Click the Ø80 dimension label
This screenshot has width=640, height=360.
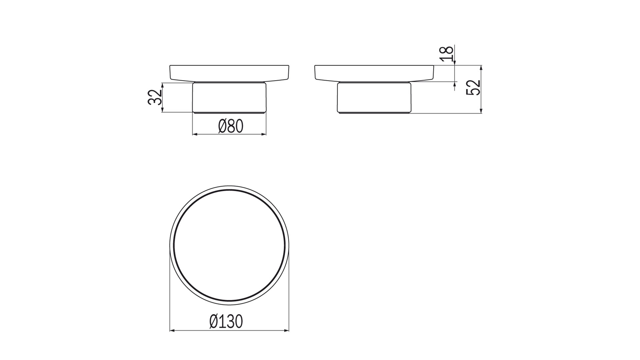(231, 126)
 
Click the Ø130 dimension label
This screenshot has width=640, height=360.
(226, 322)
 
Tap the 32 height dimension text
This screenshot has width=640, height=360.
(155, 97)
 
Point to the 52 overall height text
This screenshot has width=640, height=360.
(473, 87)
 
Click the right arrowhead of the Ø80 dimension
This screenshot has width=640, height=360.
(264, 134)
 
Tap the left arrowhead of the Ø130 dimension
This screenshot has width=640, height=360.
(172, 331)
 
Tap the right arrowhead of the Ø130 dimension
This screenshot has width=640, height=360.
(286, 331)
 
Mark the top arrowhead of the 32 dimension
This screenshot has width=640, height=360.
(162, 85)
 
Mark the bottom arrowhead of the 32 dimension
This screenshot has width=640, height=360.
(162, 110)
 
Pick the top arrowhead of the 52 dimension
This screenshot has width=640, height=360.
(481, 68)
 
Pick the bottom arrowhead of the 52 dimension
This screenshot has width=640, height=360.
(481, 111)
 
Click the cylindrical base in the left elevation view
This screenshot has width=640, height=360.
(229, 97)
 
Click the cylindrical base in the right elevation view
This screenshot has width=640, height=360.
(374, 97)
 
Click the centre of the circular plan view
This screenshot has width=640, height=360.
(229, 246)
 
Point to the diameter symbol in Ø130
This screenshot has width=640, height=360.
(214, 322)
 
